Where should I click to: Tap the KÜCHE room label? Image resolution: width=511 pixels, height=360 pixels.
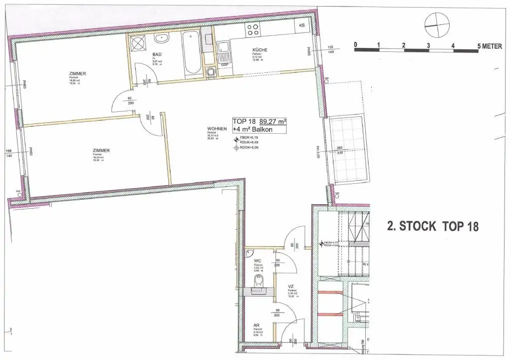click(259, 50)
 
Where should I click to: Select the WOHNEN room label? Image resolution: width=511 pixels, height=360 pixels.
click(217, 129)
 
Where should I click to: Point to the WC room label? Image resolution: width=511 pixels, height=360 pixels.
click(257, 261)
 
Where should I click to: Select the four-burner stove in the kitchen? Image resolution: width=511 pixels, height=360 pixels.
click(253, 30)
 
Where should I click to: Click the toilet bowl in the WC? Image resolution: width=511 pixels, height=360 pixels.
click(257, 283)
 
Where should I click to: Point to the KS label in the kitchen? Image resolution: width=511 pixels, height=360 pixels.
click(302, 25)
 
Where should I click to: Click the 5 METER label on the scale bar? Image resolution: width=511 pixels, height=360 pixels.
click(490, 45)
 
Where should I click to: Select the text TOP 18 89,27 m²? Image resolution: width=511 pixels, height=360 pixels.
click(259, 121)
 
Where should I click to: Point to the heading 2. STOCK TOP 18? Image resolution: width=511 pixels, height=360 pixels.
click(433, 226)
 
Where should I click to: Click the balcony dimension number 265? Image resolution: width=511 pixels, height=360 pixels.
click(339, 148)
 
